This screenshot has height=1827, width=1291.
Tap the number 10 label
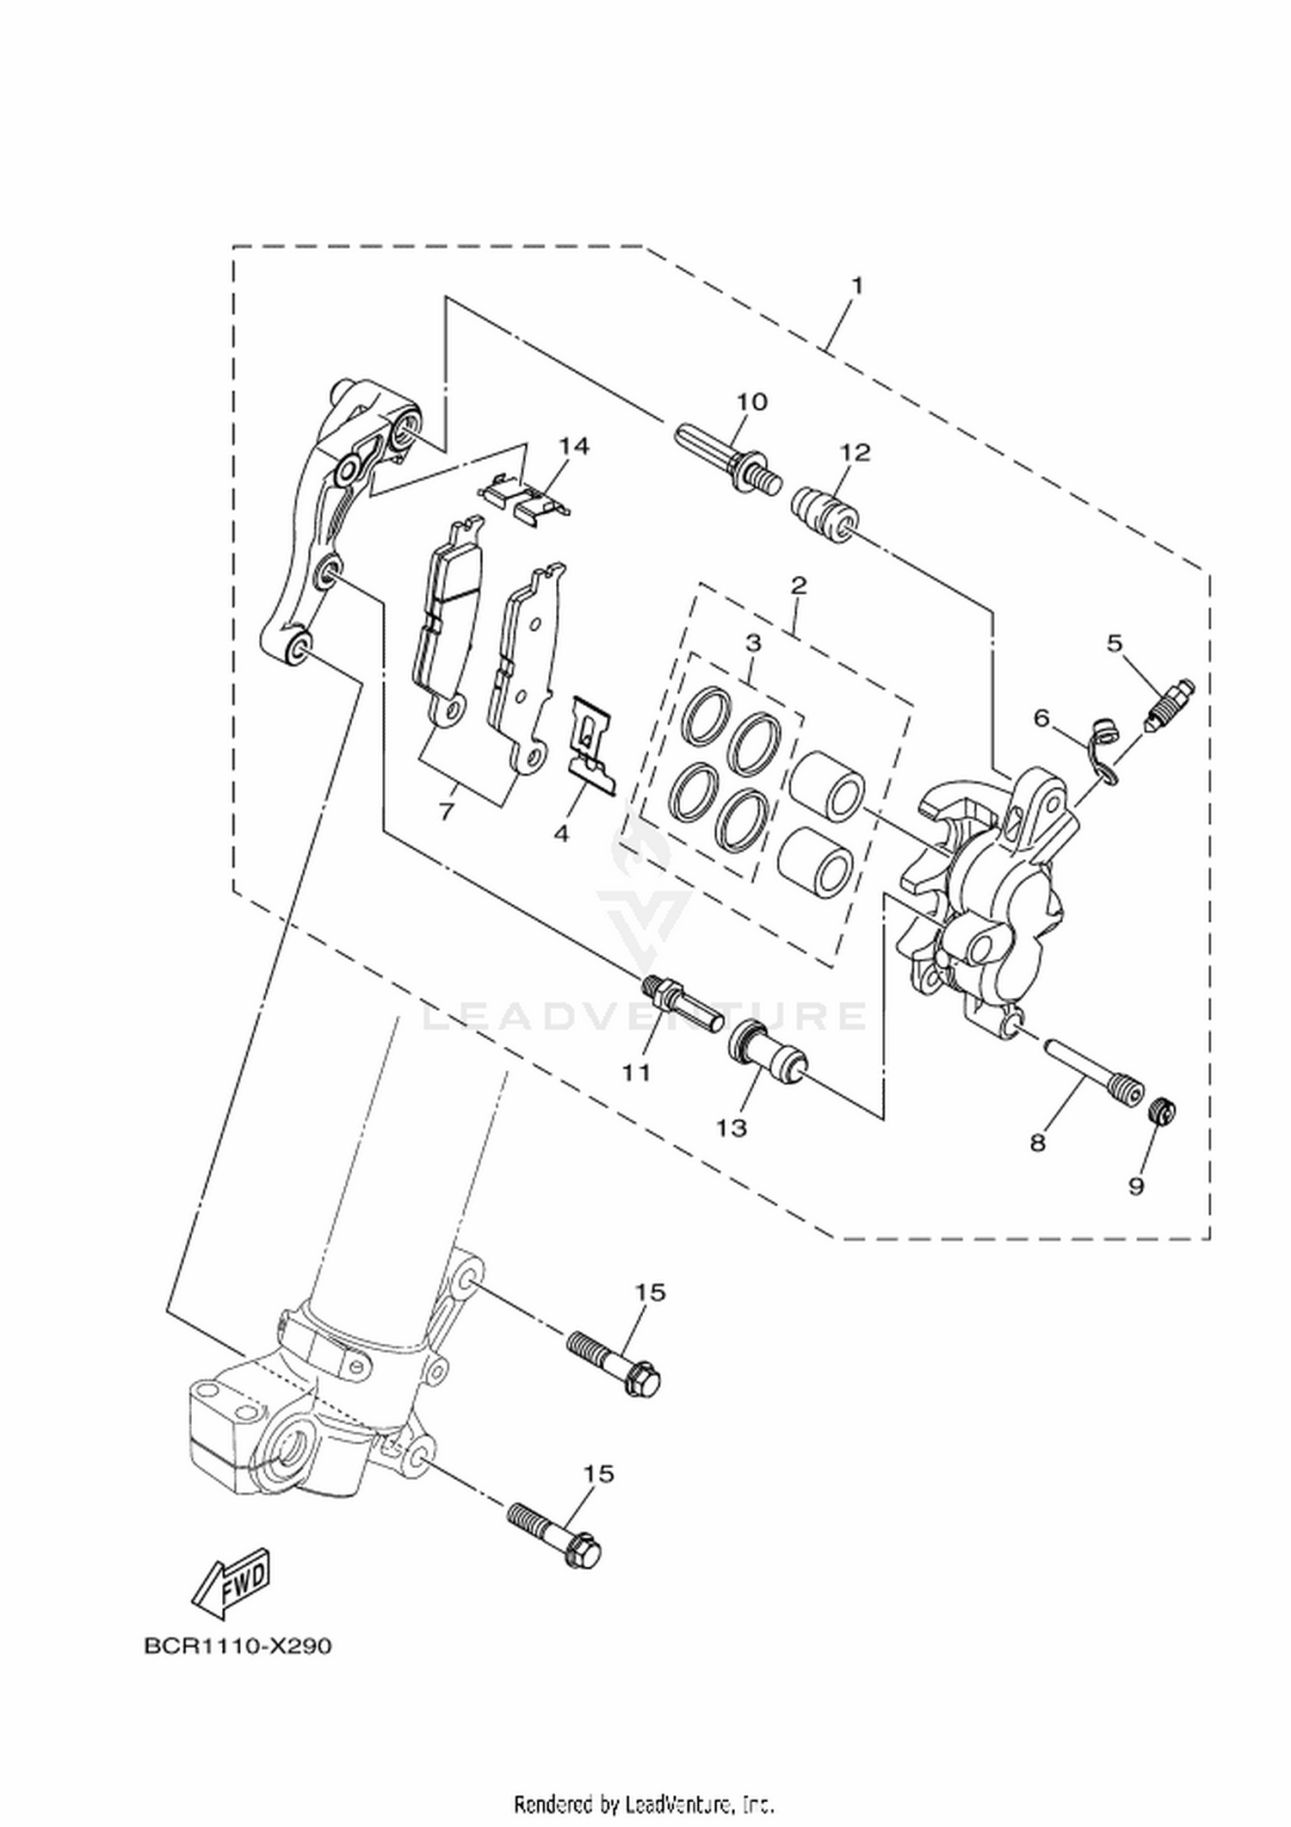(751, 402)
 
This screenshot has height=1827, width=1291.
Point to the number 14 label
(574, 445)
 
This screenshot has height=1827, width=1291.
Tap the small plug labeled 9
(1163, 1113)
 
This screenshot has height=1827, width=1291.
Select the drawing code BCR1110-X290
(238, 1646)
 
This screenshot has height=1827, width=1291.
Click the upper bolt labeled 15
(614, 1369)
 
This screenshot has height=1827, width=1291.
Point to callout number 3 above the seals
(753, 643)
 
